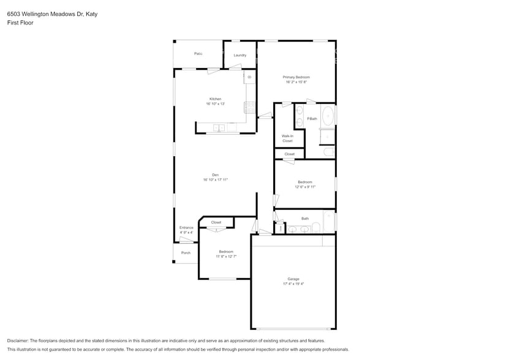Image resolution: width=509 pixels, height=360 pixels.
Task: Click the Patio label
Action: coord(198,54)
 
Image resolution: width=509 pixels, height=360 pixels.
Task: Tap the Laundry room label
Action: coord(239,55)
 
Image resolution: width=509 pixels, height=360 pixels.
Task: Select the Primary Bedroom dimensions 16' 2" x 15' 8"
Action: coord(296,82)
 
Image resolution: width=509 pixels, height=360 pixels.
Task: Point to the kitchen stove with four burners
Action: coord(250,107)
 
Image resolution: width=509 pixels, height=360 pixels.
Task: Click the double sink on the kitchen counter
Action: coord(219,128)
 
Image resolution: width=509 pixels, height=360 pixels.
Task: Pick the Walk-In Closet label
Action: coord(287,138)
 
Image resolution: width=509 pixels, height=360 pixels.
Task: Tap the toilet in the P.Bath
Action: coord(328,151)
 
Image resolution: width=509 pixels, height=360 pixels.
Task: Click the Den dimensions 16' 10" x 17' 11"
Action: coord(216,180)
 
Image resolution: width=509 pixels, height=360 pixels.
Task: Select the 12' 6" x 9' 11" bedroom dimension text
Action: coord(304,187)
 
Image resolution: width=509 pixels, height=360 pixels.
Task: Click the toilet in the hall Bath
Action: coord(316,228)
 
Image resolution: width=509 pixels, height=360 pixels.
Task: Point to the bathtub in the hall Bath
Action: coord(329,221)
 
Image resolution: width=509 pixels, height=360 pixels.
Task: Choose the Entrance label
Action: coord(186,228)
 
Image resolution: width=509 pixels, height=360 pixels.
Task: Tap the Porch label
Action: coord(186,253)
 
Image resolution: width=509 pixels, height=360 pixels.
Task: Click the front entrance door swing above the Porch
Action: coord(186,241)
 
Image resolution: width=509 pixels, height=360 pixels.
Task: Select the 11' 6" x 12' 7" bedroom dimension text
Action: coord(226,257)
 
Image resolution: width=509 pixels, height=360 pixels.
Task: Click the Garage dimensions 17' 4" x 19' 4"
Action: coord(293,284)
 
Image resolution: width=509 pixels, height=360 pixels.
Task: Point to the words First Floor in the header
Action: coord(20,23)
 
